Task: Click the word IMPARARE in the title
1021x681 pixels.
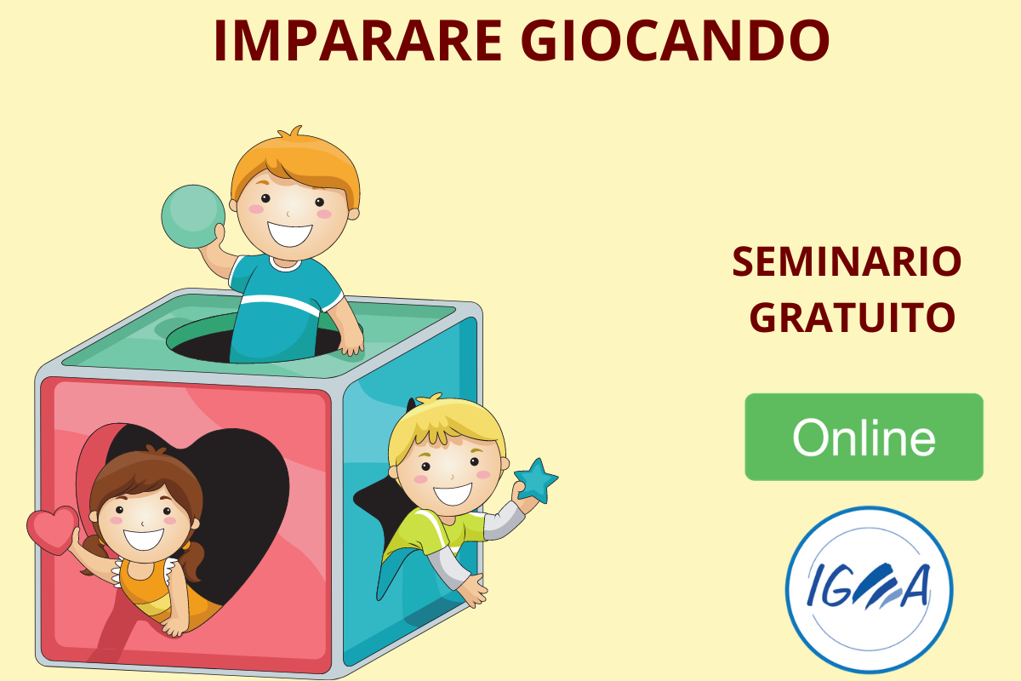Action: pyautogui.click(x=358, y=40)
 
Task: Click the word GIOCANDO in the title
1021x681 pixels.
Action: pyautogui.click(x=676, y=40)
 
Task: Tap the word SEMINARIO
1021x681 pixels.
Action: pyautogui.click(x=847, y=262)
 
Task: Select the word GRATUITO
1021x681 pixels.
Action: pyautogui.click(x=853, y=318)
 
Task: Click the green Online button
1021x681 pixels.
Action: pyautogui.click(x=864, y=437)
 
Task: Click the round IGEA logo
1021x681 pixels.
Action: pyautogui.click(x=870, y=590)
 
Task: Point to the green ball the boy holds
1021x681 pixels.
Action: pyautogui.click(x=193, y=216)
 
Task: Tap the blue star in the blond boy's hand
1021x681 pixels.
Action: pyautogui.click(x=536, y=481)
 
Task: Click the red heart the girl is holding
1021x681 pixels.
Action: pyautogui.click(x=53, y=530)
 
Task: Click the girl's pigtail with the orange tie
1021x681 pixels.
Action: pyautogui.click(x=191, y=561)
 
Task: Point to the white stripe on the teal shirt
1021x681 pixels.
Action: pyautogui.click(x=280, y=304)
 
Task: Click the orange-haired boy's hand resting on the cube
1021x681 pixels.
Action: pyautogui.click(x=351, y=341)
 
